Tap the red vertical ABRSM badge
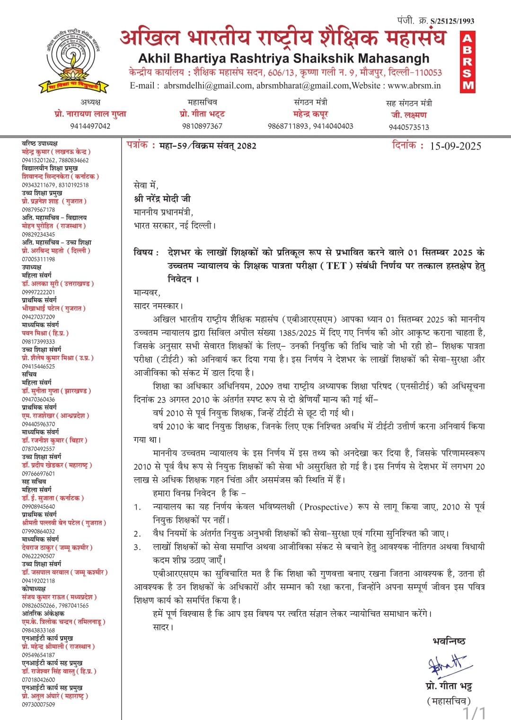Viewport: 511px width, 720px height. point(467,61)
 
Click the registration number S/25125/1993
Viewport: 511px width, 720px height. point(452,21)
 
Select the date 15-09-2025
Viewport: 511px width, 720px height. point(455,146)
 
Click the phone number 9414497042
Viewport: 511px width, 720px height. point(90,126)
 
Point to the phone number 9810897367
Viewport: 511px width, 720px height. point(202,126)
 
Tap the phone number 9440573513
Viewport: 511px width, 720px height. point(409,127)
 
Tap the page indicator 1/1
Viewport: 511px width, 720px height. point(474,712)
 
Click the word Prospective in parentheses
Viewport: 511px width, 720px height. point(326,507)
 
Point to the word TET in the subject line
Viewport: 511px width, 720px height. point(336,265)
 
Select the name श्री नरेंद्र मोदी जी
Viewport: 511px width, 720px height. point(162,199)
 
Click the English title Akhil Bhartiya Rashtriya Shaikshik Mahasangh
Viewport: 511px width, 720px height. point(284,58)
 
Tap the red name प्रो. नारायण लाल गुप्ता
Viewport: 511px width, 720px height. point(90,114)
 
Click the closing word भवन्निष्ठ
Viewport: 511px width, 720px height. point(449,641)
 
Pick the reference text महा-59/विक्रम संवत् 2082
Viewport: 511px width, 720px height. point(208,146)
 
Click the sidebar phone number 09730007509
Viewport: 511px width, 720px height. point(38,704)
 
